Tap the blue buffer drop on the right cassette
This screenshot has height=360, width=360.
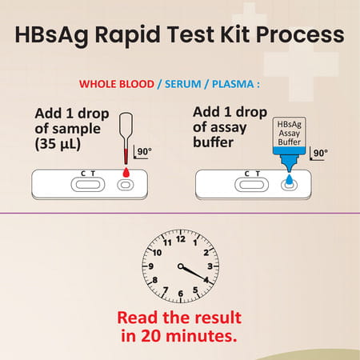[288, 170]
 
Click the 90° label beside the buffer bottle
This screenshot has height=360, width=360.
[319, 153]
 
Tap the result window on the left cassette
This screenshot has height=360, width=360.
[86, 185]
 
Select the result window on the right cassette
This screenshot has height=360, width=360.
[250, 185]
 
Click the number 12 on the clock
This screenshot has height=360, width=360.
[180, 238]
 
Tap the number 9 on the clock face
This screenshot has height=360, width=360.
[151, 266]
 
